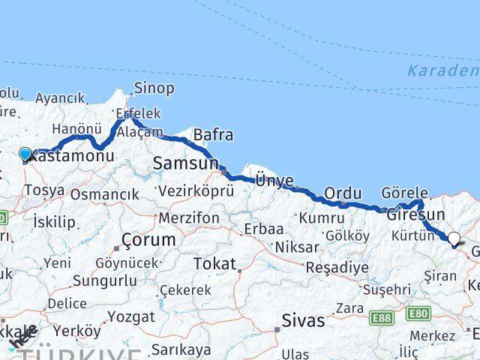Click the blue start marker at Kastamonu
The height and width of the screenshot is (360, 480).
25,154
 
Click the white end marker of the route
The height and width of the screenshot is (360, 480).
454,239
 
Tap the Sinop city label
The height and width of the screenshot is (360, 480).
154,88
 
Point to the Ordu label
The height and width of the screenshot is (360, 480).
343,193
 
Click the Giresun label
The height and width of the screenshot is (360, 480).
412,215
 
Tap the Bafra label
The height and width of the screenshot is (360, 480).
213,136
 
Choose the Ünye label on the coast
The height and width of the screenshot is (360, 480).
274,180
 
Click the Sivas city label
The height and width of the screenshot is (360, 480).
304,320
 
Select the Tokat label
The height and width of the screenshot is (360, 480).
214,264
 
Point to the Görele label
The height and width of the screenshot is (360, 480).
404,192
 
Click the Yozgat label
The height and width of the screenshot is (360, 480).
130,316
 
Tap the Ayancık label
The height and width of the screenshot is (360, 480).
60,98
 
